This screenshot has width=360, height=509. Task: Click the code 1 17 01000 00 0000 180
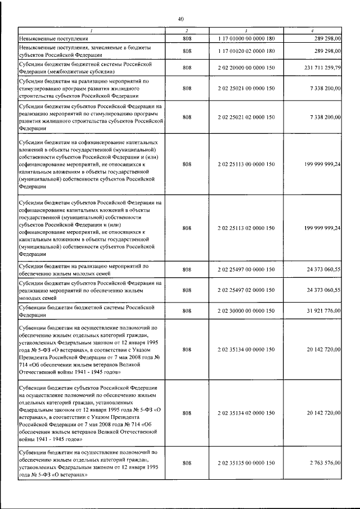(246, 38)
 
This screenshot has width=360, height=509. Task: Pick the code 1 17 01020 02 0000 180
(246, 51)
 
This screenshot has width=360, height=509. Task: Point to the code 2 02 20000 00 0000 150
(246, 68)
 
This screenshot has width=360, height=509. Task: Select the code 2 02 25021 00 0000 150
(246, 88)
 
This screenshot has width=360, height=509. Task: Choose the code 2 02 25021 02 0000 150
(246, 116)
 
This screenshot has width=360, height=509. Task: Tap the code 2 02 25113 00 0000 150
(246, 164)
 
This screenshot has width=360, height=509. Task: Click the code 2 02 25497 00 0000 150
(246, 270)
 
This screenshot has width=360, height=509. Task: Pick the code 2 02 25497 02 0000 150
(246, 290)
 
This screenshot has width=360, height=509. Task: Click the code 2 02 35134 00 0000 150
(246, 349)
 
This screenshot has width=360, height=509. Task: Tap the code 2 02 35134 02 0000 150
(246, 413)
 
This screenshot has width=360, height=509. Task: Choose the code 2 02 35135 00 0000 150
(246, 462)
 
